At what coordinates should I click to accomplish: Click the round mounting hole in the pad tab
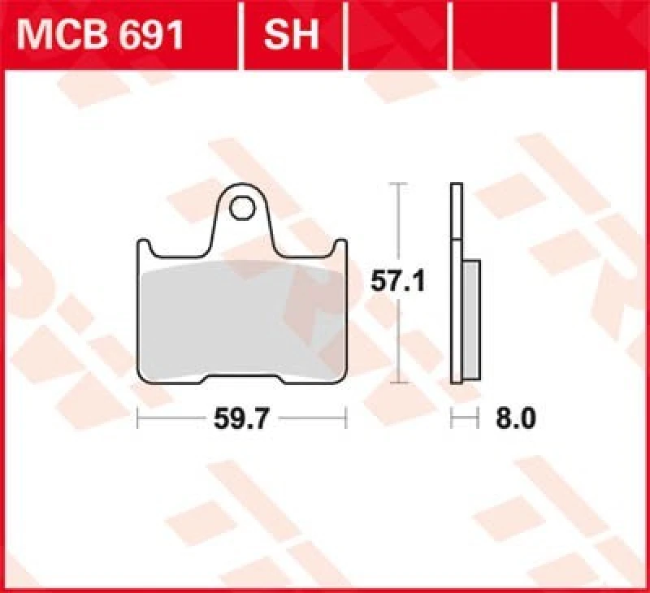coord(241,208)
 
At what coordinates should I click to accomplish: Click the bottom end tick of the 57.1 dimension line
coord(396,382)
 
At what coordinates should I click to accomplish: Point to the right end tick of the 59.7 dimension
coord(346,418)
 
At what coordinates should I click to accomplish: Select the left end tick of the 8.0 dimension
coord(452,418)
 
